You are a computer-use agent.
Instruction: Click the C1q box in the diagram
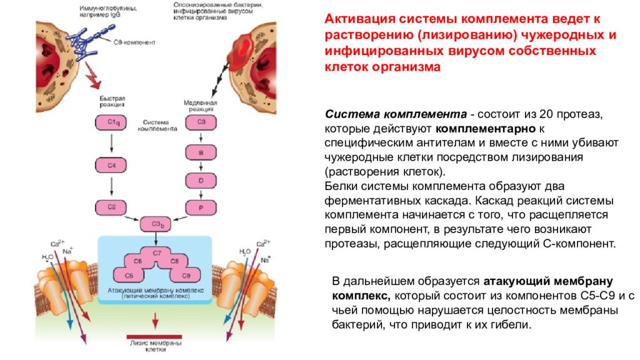click(111, 123)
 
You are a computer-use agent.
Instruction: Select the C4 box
click(111, 165)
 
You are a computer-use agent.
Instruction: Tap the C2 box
click(111, 206)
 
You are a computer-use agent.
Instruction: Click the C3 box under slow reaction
click(201, 123)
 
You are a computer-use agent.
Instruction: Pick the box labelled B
click(201, 151)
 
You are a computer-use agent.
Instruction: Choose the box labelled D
click(201, 179)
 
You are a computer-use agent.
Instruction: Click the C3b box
click(156, 224)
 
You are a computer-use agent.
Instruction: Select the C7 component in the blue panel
click(156, 252)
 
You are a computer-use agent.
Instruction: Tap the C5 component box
click(129, 275)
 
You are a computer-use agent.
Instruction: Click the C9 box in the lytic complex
click(184, 275)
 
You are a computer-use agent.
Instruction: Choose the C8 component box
click(175, 261)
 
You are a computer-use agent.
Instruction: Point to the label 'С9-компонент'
click(134, 43)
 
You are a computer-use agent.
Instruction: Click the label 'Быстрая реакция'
click(112, 102)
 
